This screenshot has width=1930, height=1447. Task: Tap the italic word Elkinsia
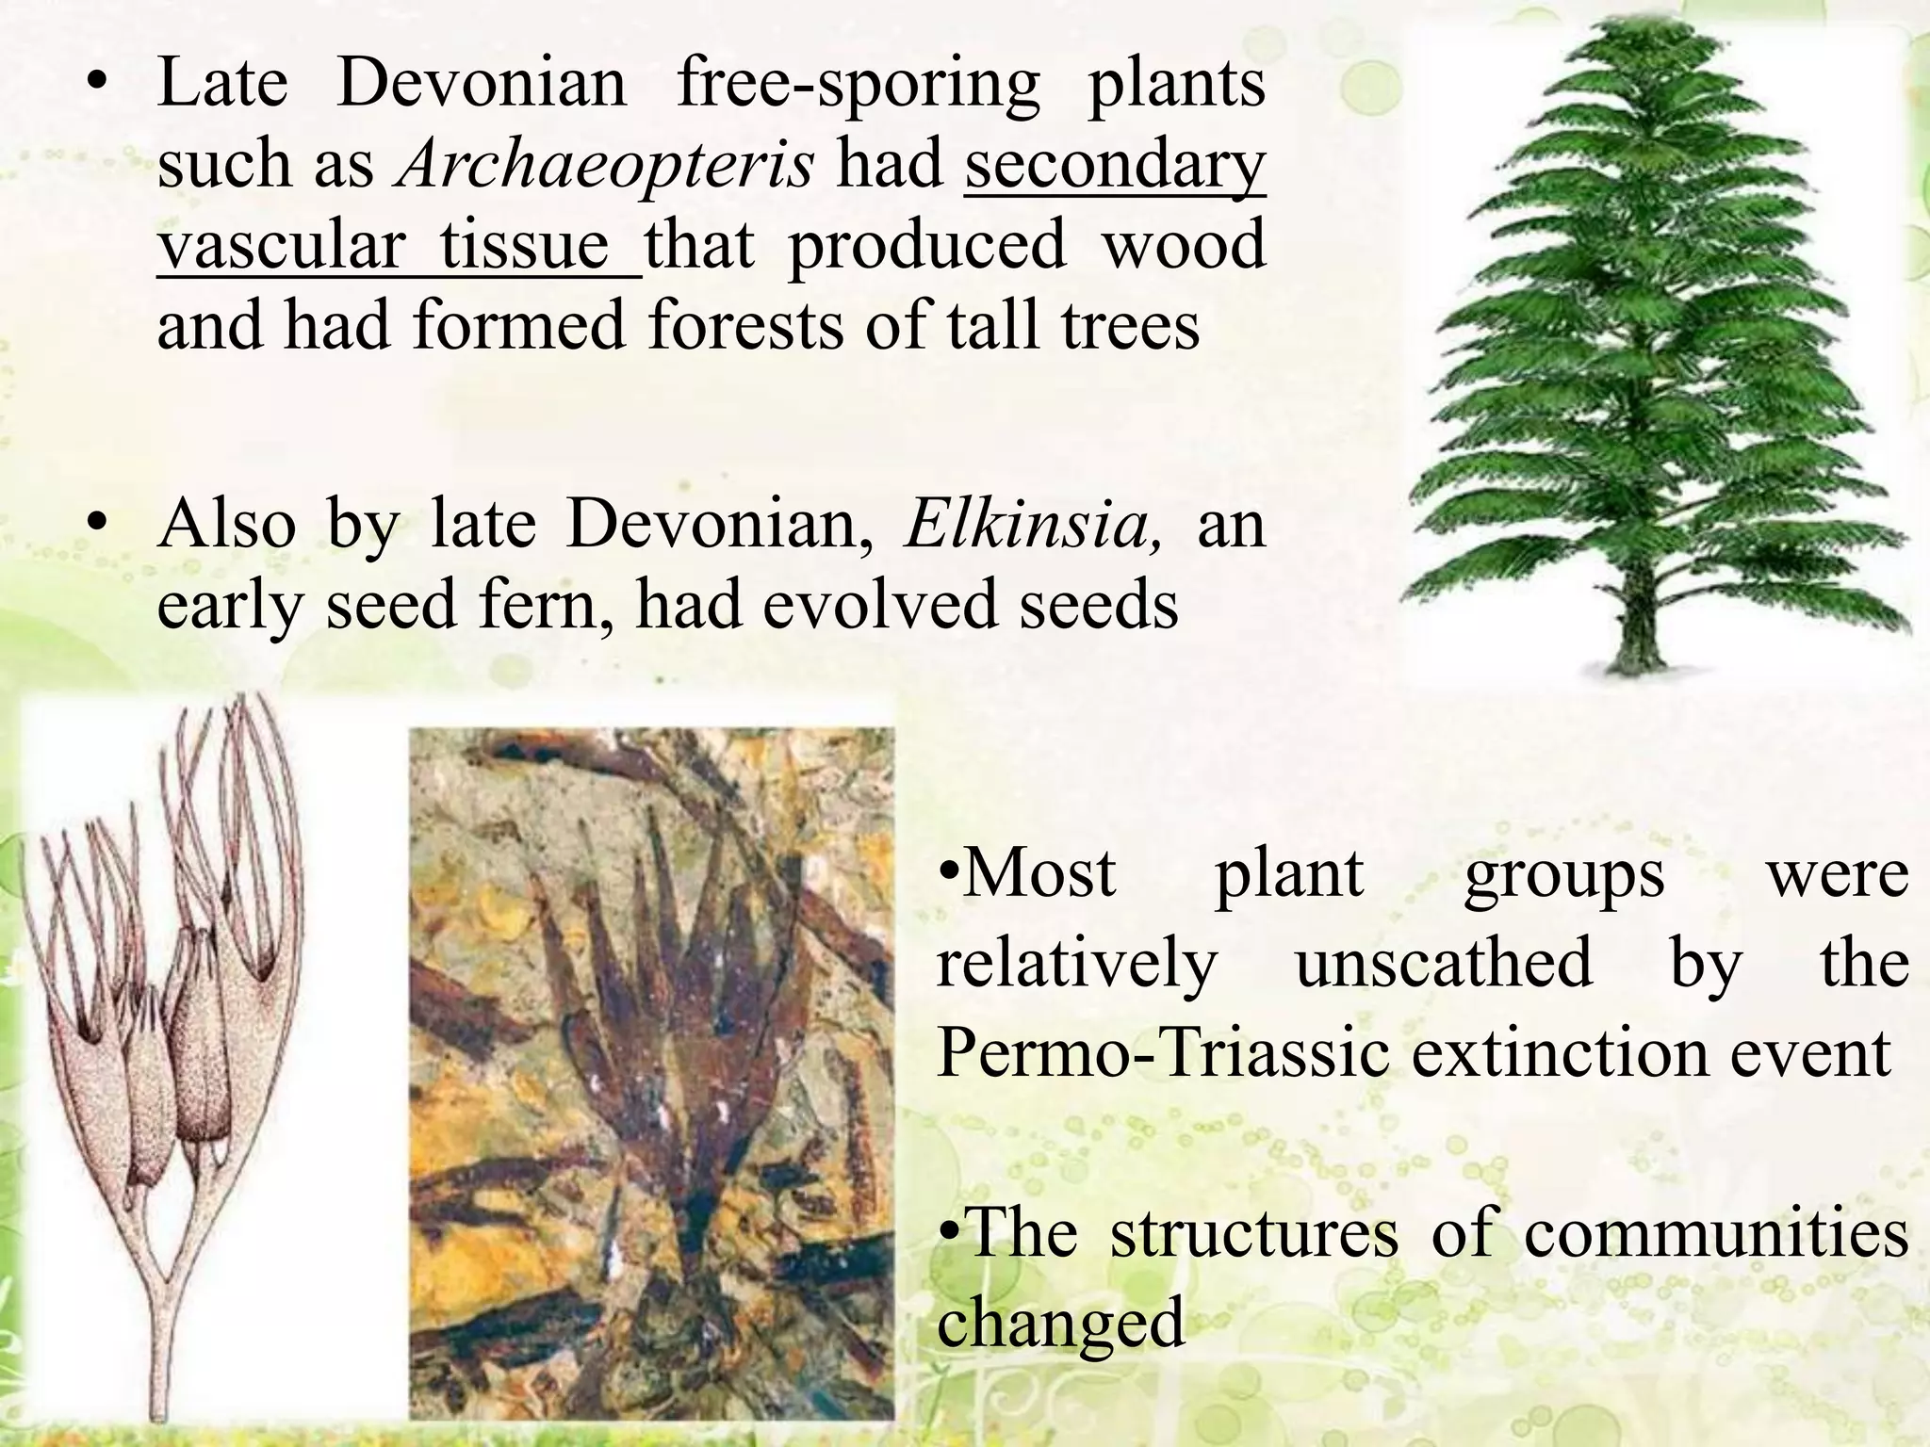click(1033, 524)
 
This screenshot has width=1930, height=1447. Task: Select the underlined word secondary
click(1115, 164)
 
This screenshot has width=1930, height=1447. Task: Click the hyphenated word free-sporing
click(859, 83)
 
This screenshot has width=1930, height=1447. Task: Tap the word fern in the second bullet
click(548, 604)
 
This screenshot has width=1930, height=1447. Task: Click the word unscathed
click(1444, 963)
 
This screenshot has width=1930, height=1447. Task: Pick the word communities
click(1716, 1232)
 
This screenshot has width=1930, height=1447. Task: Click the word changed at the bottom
click(1060, 1323)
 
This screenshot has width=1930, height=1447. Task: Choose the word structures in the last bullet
click(1254, 1232)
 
